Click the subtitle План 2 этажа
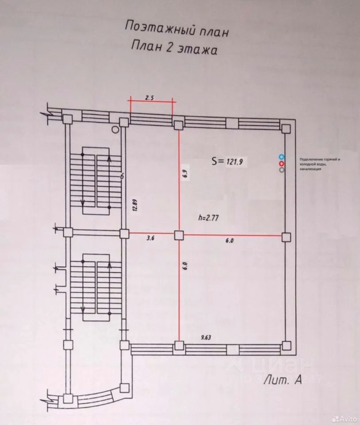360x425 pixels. coord(175,48)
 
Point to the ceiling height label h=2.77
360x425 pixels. coord(210,217)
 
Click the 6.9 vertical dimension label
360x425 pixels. coord(186,173)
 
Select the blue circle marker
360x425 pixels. coord(281,157)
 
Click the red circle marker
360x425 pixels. coord(281,163)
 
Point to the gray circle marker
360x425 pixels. coord(281,170)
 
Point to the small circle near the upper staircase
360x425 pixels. coord(115,130)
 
